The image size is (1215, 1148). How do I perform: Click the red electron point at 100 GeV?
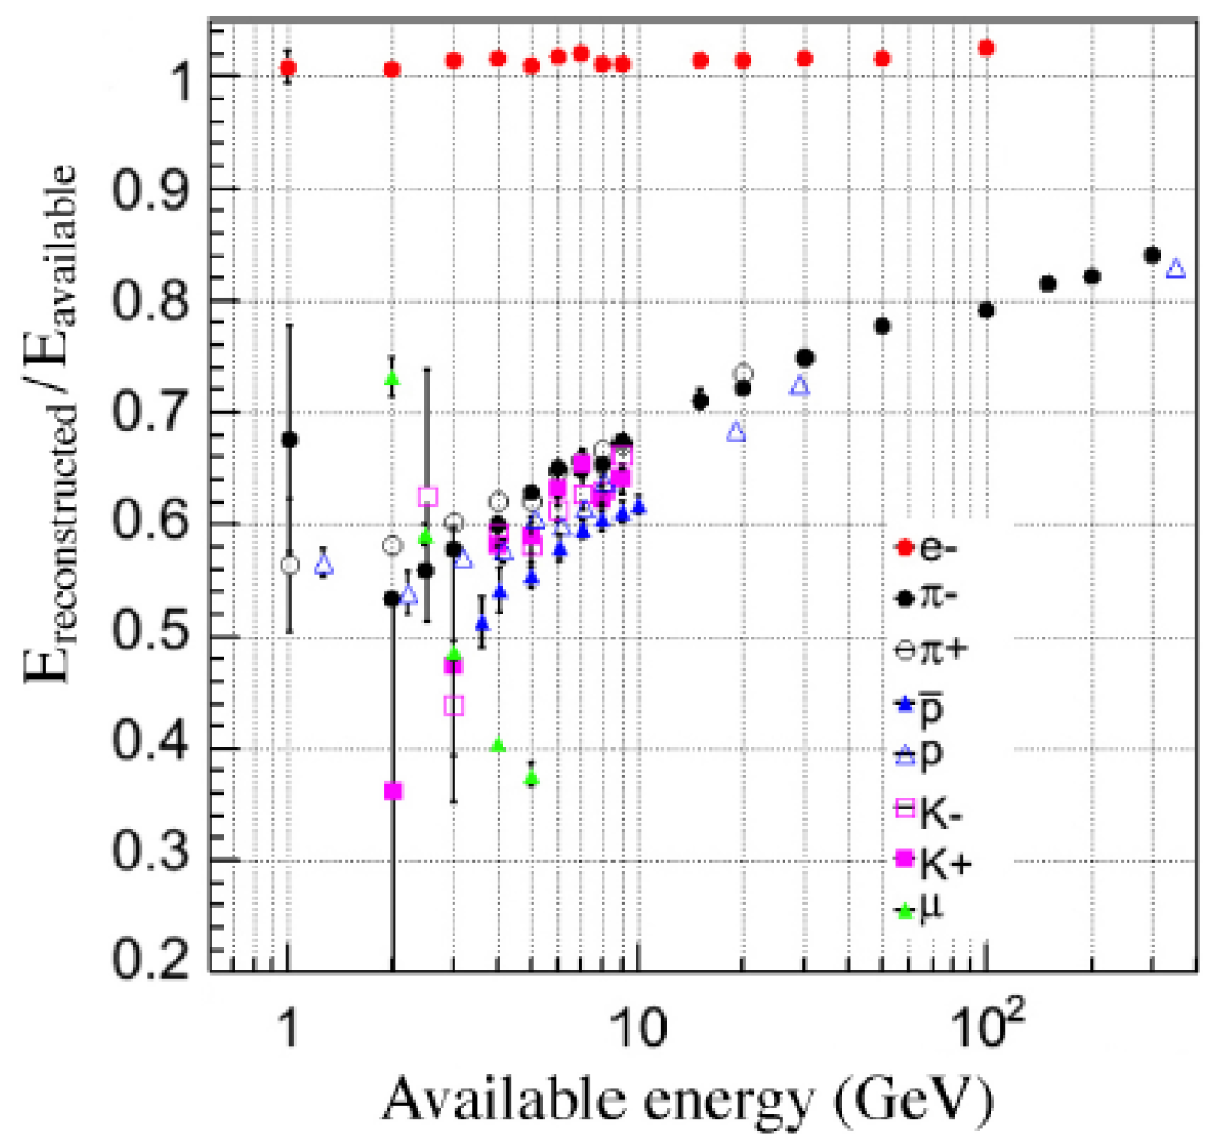coord(986,48)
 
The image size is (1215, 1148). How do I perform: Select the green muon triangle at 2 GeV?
coord(394,378)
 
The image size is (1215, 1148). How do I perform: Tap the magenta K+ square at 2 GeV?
coord(394,791)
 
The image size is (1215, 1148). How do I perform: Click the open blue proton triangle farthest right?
coord(1175,269)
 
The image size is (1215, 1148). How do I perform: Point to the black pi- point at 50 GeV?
coord(881,327)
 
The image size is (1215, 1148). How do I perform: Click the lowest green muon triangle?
coord(533,776)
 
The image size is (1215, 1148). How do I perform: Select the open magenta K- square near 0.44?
coord(453,706)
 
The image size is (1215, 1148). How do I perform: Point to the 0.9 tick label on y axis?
coord(149,189)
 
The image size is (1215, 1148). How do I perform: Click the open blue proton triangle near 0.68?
coord(737,432)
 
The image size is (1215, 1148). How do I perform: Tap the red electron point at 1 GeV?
coord(289,67)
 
